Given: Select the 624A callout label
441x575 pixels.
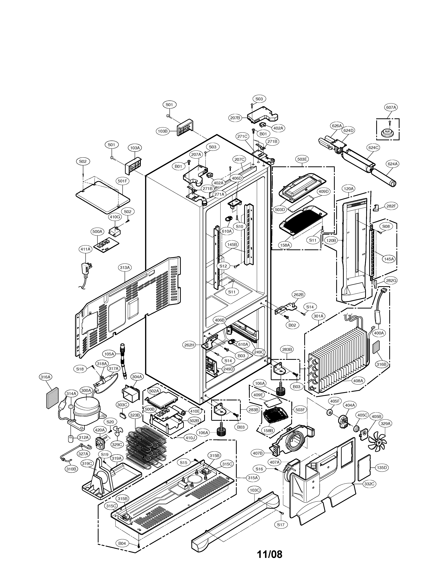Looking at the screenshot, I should pos(393,164).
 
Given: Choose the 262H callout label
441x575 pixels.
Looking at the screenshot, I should pos(189,345).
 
